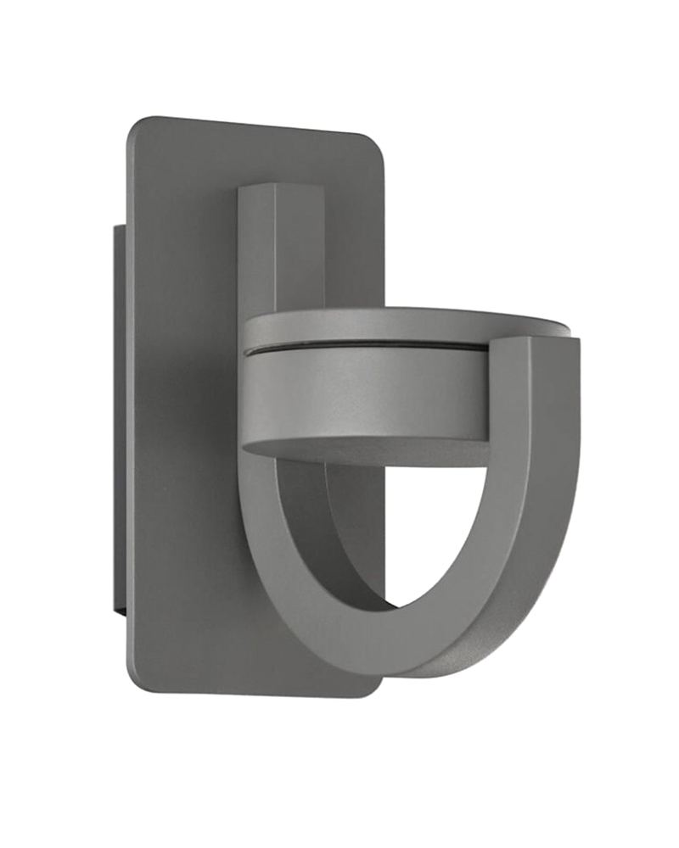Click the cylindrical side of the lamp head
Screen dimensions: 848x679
pos(365,394)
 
